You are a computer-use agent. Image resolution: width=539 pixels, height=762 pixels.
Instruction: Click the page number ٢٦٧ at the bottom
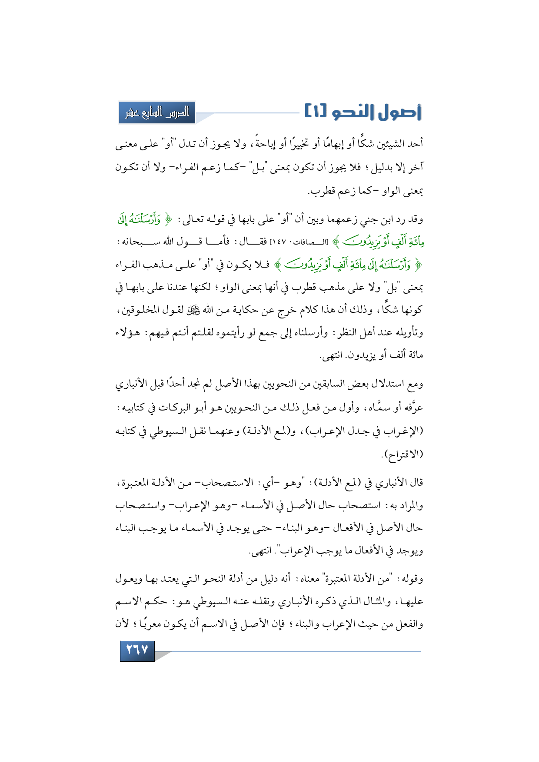[x=137, y=650]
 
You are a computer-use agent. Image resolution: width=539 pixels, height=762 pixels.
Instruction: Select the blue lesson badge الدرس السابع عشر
[x=157, y=113]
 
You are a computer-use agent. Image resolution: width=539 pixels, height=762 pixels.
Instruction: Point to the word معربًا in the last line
[x=152, y=624]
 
